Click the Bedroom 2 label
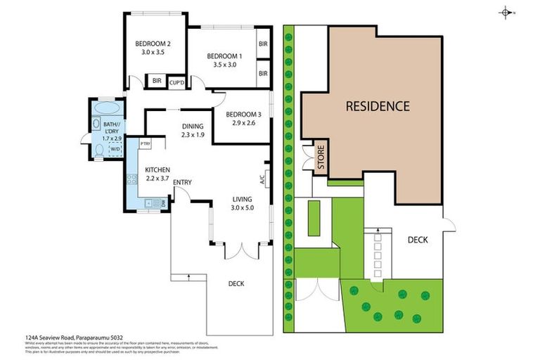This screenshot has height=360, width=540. (x=153, y=44)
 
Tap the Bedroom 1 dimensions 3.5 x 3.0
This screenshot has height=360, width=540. (x=225, y=65)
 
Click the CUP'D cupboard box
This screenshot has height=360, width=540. (x=177, y=82)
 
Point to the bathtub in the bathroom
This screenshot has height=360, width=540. (x=108, y=109)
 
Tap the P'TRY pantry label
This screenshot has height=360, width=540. (x=146, y=143)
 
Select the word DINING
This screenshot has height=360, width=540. (x=192, y=127)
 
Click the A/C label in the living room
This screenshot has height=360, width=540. (x=262, y=179)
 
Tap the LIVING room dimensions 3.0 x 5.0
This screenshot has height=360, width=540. (x=242, y=207)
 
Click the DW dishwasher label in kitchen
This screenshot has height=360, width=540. (x=163, y=204)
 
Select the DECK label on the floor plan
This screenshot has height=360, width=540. (x=236, y=284)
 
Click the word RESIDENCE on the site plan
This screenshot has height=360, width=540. (x=377, y=107)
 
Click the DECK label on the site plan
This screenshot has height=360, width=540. (x=418, y=240)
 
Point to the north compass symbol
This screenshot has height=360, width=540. (x=506, y=12)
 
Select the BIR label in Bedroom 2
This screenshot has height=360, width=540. (x=157, y=82)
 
